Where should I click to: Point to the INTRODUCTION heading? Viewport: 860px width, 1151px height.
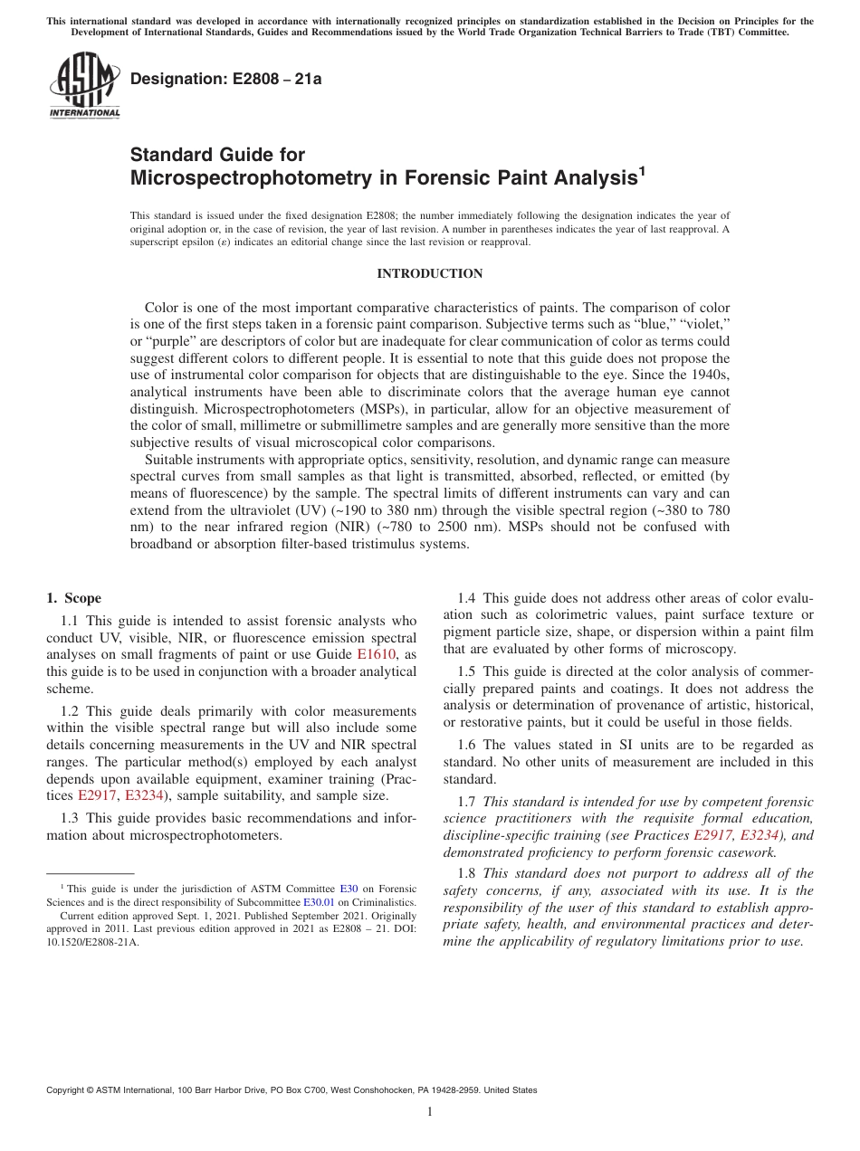coord(429,273)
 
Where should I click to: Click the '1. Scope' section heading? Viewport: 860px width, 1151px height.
coord(73,598)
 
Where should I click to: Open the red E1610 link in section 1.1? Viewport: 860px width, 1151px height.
coord(377,654)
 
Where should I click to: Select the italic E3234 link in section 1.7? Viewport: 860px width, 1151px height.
coord(760,835)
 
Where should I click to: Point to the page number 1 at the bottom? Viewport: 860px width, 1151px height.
coord(430,1112)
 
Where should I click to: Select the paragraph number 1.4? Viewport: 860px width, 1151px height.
coord(467,598)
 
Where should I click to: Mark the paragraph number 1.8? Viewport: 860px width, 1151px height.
coord(467,873)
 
